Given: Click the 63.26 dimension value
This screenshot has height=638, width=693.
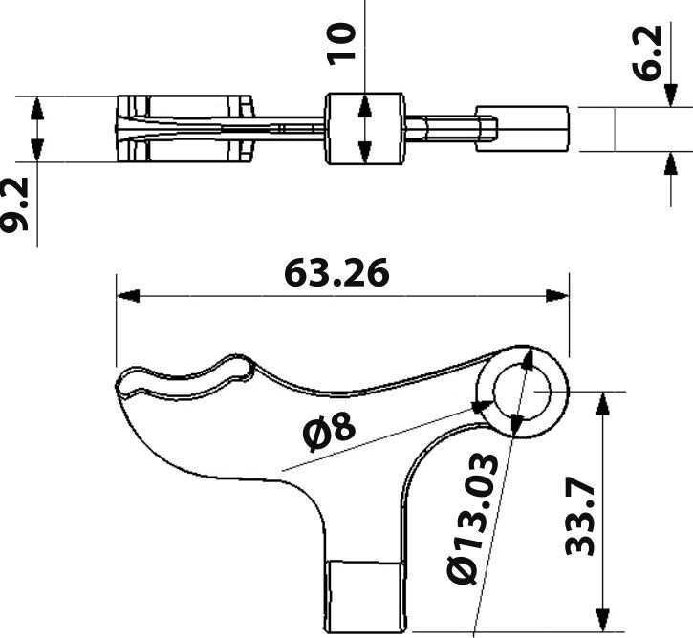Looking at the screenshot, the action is tap(336, 273).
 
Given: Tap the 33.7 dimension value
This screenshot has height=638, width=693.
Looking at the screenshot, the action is tap(580, 518).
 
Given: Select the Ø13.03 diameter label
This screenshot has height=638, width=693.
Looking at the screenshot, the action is tap(473, 518).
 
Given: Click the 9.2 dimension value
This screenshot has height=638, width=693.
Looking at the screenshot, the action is tap(14, 204).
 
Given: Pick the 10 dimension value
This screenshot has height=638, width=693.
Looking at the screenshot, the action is tap(341, 44).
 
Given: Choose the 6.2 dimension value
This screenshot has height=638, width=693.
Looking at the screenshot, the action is tap(647, 53).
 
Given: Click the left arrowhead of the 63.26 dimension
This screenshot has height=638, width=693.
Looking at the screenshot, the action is tap(128, 296).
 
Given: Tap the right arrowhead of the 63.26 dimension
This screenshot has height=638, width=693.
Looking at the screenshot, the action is tap(558, 296).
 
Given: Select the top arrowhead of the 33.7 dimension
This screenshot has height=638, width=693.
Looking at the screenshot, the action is tap(602, 404).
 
